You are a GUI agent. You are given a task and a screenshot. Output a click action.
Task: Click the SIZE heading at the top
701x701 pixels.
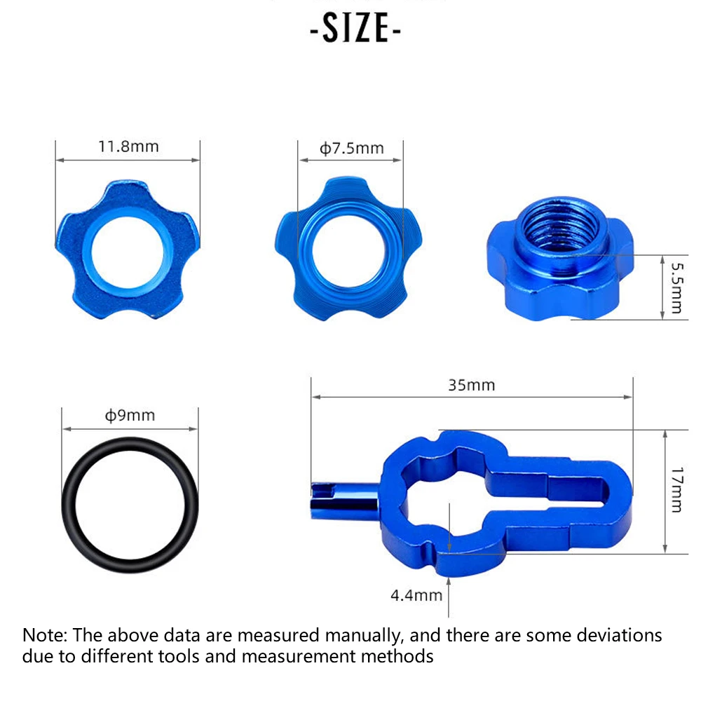(355, 29)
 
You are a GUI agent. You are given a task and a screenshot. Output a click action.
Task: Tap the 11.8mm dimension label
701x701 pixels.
(128, 147)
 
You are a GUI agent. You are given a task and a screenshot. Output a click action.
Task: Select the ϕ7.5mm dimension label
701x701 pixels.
(352, 148)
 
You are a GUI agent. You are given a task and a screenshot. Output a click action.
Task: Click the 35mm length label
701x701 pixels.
(471, 385)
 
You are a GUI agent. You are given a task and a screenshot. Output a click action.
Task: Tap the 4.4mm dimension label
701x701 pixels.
(416, 595)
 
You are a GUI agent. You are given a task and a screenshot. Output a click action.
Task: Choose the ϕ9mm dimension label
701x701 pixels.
(130, 415)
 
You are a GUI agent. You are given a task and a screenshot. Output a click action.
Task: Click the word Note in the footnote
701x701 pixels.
(43, 636)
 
